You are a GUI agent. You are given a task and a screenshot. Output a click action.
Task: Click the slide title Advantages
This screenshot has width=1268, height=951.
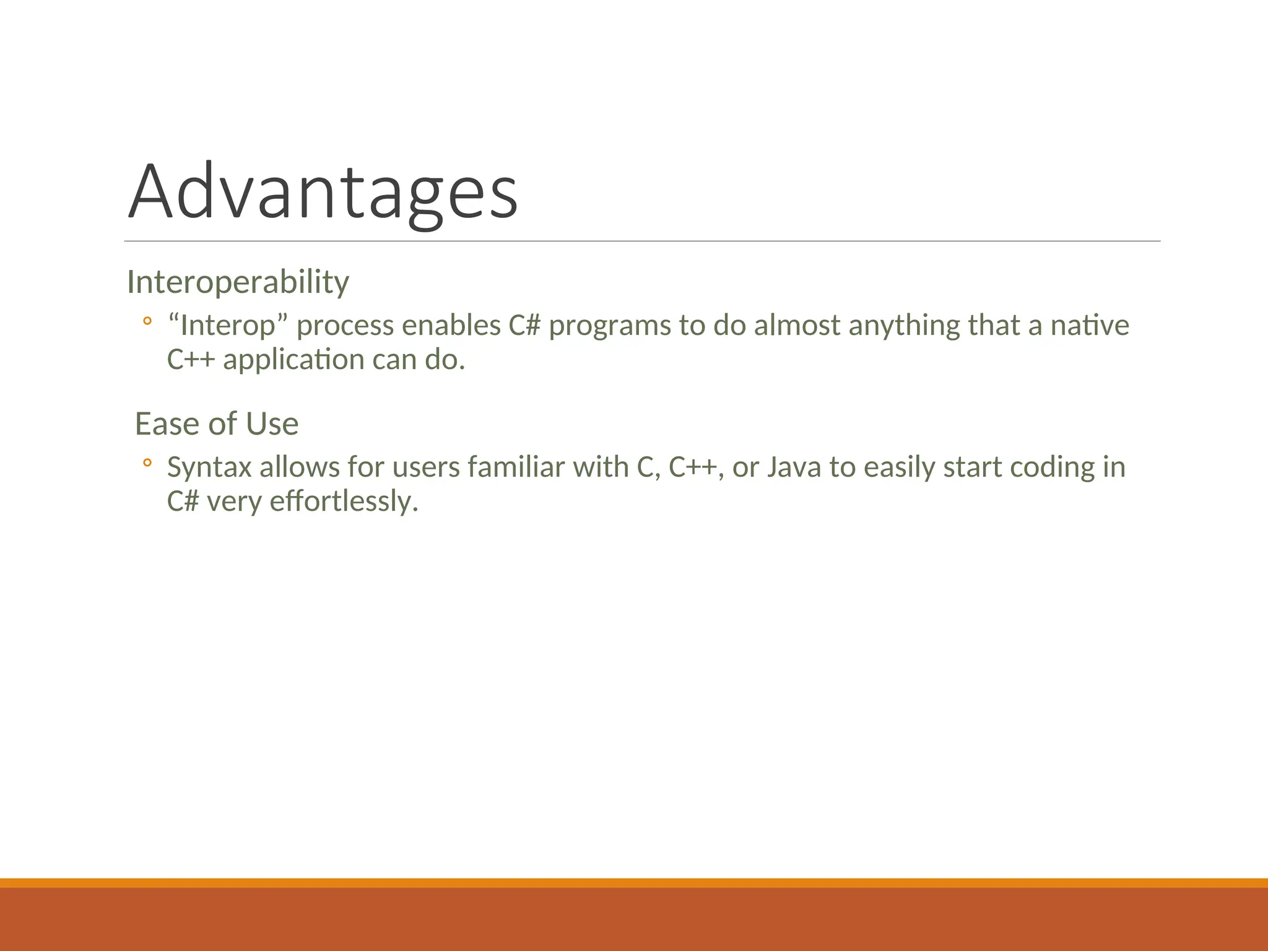coord(322,192)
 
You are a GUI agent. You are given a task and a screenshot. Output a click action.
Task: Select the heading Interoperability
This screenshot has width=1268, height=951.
coord(238,282)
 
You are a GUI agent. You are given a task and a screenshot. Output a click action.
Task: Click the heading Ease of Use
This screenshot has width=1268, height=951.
coord(217,424)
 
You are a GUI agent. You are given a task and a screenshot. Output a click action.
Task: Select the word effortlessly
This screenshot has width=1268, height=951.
coord(344,501)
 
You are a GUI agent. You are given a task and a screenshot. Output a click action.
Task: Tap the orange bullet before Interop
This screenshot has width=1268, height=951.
coord(147,321)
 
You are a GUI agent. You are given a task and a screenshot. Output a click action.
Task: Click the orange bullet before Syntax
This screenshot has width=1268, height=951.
coord(147,463)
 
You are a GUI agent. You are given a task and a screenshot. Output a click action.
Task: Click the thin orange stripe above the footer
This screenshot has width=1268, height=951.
coord(634,882)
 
